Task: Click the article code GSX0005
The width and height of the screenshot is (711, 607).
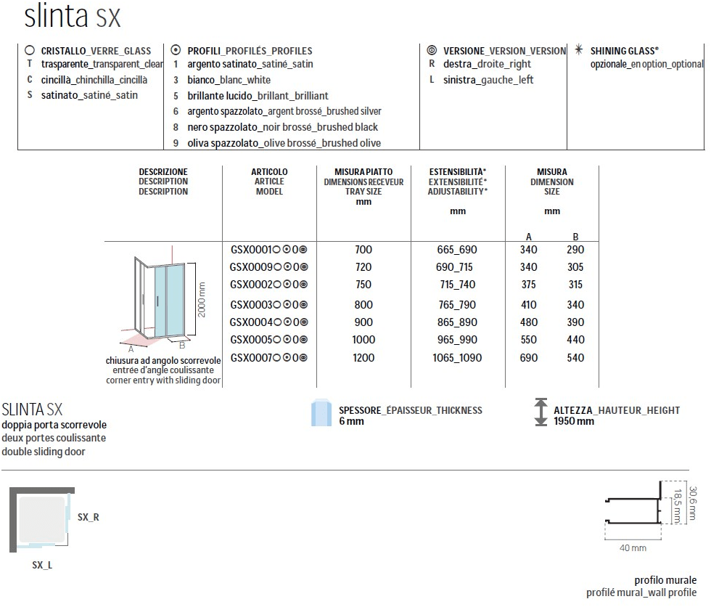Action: pos(251,340)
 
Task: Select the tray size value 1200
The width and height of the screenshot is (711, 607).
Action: pos(363,357)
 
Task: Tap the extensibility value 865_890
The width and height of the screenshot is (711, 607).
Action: pos(457,322)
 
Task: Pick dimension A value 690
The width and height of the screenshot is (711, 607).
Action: pos(529,357)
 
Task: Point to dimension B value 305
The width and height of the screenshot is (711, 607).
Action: pos(575,267)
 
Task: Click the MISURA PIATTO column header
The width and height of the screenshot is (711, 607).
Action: pos(363,182)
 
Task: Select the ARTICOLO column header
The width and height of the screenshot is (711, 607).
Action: pos(269,182)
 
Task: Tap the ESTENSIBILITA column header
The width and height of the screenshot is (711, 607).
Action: pos(457,182)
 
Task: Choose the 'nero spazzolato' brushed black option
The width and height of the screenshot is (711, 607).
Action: pos(282,127)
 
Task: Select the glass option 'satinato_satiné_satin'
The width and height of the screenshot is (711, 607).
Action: pos(89,94)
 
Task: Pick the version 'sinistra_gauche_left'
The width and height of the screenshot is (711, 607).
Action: pos(488,80)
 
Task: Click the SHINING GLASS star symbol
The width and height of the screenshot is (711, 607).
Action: pos(578,50)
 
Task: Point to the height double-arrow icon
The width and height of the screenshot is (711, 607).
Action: pos(540,412)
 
